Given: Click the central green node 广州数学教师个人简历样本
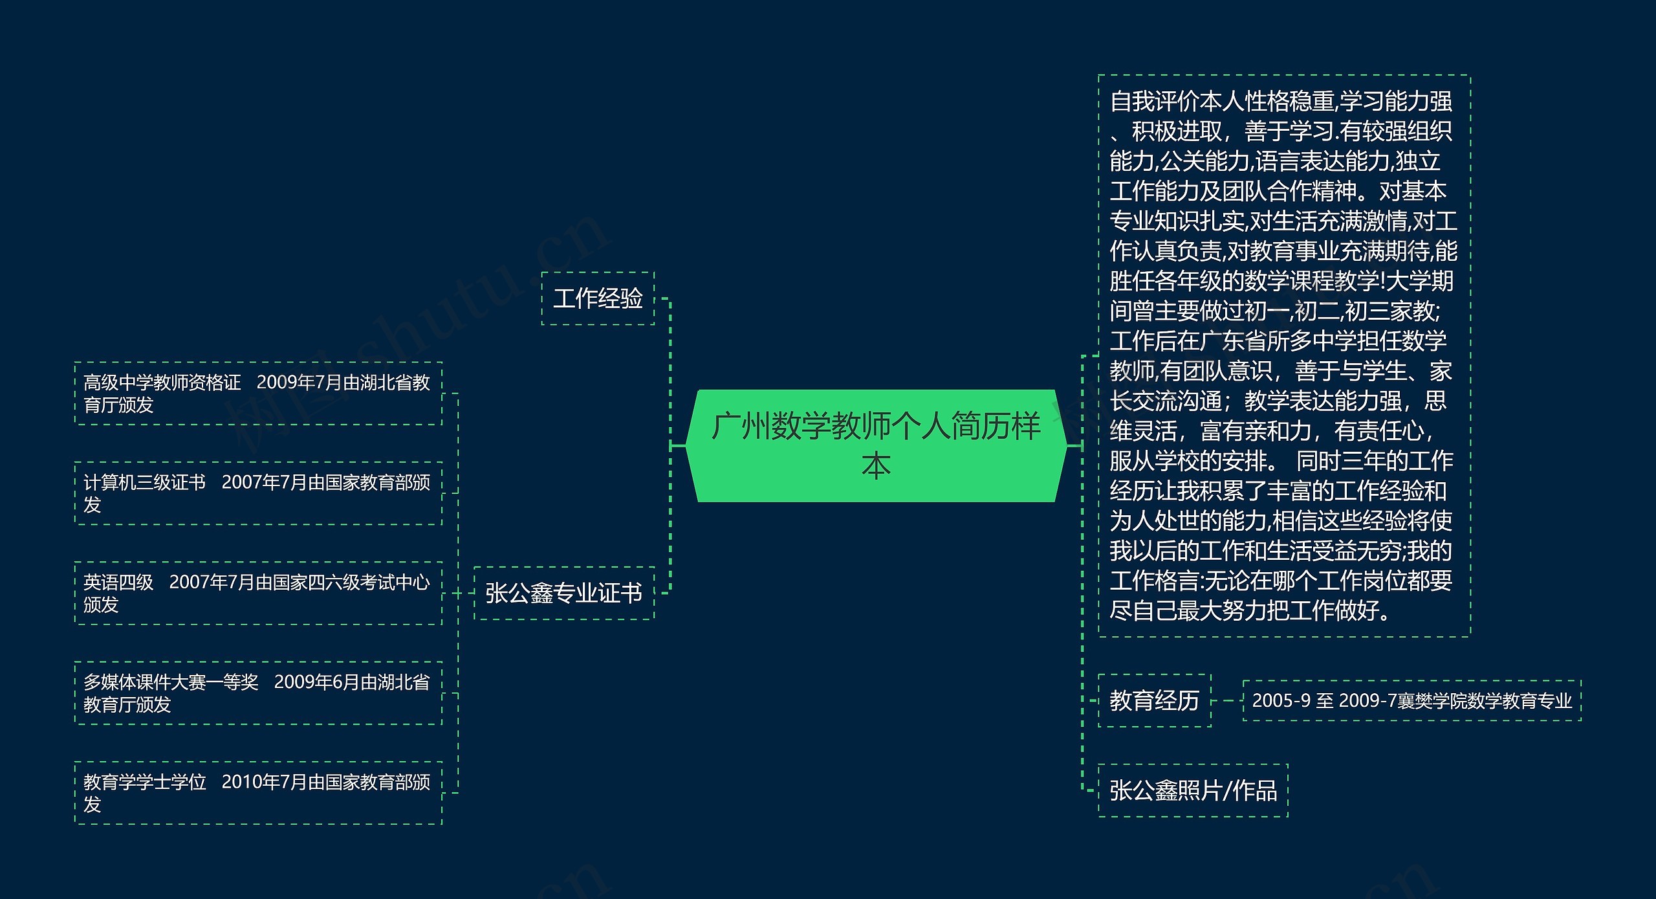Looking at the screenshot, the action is (876, 445).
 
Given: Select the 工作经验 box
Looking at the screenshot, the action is (598, 298).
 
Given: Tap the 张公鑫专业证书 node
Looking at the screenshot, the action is (563, 593).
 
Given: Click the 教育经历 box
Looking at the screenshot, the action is (1154, 700).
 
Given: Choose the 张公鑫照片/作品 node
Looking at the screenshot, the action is (1193, 790).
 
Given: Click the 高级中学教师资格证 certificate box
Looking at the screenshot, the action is (257, 394).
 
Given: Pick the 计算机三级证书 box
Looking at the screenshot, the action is (257, 493).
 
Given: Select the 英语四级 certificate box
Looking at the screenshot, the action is (257, 593).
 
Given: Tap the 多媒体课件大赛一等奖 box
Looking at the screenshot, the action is (257, 693).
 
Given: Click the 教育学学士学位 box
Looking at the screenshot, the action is (257, 793).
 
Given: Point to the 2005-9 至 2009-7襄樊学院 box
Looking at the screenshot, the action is (1411, 700).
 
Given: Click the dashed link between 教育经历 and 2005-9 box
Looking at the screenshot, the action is (1227, 700).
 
